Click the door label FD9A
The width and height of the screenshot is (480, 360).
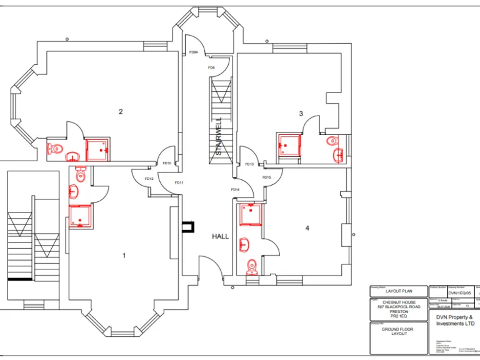coord(194,52)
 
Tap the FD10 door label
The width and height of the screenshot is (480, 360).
coord(167,163)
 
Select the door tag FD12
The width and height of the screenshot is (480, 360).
coord(149,179)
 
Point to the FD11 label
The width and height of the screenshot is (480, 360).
coord(178,182)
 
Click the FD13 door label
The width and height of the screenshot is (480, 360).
coord(249,164)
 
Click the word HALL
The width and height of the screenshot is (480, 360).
coord(221,236)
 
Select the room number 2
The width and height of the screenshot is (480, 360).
coord(121,112)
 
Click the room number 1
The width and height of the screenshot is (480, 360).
coord(124,255)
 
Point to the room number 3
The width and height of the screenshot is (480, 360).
coord(301,114)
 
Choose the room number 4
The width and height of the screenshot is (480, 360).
coord(307,228)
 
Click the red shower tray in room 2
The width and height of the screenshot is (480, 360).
coord(97,149)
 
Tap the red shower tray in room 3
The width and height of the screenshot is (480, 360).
coord(289,145)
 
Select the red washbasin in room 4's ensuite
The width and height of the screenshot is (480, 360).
coord(244,244)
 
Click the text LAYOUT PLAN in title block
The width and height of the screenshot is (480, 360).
coord(398,291)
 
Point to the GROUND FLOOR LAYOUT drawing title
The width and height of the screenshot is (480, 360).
coord(399,331)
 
